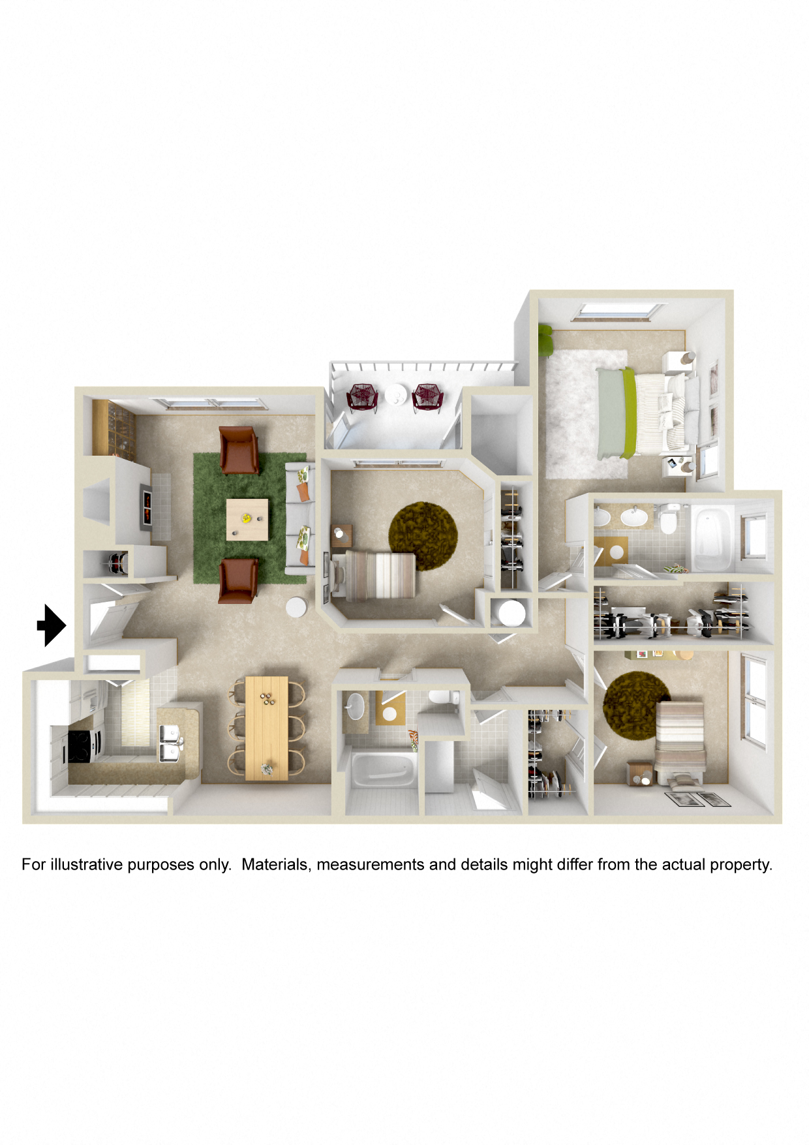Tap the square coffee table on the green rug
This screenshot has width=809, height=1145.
pyautogui.click(x=247, y=520)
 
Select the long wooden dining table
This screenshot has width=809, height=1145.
pyautogui.click(x=266, y=728)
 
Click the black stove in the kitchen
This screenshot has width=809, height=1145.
pyautogui.click(x=80, y=746)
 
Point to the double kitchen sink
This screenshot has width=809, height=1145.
pyautogui.click(x=170, y=744)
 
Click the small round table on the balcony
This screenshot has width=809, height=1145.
pyautogui.click(x=395, y=394)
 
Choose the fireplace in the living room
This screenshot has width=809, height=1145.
pyautogui.click(x=147, y=505)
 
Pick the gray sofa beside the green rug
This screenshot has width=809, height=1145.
pyautogui.click(x=300, y=518)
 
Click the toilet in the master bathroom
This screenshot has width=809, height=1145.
pyautogui.click(x=669, y=519)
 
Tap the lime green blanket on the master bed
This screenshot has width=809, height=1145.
pyautogui.click(x=629, y=413)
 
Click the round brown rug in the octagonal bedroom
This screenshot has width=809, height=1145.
pyautogui.click(x=423, y=535)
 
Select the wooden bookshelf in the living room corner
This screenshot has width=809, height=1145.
pyautogui.click(x=114, y=428)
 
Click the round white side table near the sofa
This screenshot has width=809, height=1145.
pyautogui.click(x=296, y=607)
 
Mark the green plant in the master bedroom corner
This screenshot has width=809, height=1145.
pyautogui.click(x=544, y=339)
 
